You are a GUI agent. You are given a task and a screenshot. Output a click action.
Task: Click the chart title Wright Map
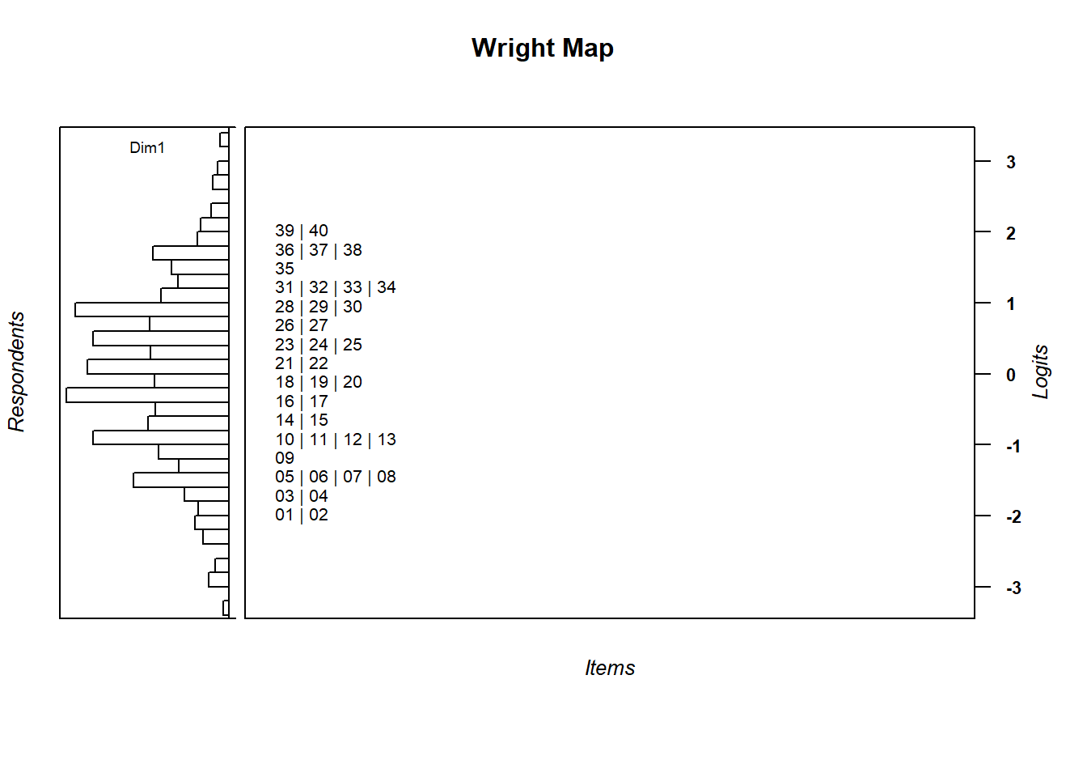542,49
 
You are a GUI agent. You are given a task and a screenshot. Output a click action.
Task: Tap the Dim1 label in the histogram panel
147,147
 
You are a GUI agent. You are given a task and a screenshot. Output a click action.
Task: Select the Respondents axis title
17,372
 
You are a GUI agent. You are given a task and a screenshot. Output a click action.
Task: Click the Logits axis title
1040,372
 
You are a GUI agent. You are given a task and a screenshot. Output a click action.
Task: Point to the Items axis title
610,668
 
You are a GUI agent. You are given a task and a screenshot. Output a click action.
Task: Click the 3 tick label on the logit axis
1010,162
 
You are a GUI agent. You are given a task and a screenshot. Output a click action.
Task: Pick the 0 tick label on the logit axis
1010,375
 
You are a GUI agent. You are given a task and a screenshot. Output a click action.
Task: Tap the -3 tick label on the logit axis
1013,588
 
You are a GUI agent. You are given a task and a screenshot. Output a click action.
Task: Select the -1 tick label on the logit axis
1013,446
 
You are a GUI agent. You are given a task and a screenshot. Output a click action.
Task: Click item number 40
319,231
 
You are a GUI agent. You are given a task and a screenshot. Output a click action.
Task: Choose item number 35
285,269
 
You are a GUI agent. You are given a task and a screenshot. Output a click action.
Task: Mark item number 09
285,458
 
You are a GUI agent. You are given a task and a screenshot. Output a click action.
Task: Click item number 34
387,287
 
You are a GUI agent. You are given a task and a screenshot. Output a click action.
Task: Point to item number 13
387,439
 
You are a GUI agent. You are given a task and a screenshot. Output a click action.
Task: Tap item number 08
387,477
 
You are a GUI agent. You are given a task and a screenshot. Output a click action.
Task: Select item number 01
285,515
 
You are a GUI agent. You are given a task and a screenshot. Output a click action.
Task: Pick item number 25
353,345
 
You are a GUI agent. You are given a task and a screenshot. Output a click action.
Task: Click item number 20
353,382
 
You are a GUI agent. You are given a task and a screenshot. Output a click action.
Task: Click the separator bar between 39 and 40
302,231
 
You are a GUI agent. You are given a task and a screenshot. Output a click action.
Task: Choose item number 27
319,325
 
